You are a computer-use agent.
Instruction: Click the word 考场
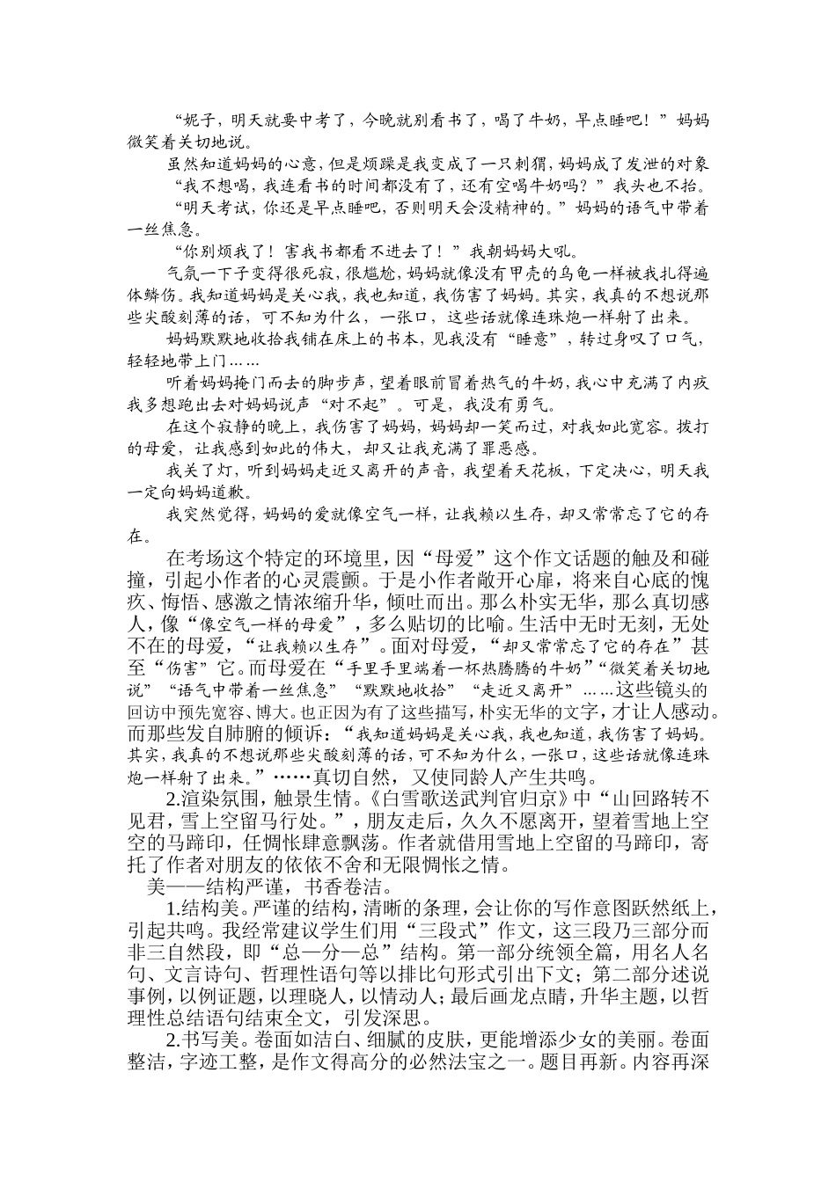click(x=216, y=557)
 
